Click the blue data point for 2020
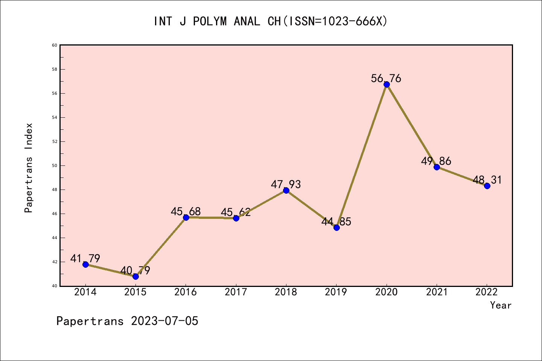click(387, 84)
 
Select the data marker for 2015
click(135, 276)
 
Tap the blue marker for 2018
click(286, 190)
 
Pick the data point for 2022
click(487, 186)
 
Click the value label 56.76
click(386, 79)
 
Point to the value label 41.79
click(85, 259)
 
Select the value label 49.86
click(436, 161)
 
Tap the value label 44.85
click(336, 222)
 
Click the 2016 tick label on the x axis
click(186, 292)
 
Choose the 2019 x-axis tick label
click(336, 292)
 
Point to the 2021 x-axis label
click(437, 292)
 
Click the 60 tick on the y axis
click(55, 45)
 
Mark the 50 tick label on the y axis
click(55, 165)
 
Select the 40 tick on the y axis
click(55, 286)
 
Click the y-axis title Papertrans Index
click(29, 168)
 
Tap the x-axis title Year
click(501, 305)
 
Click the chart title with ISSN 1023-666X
click(271, 21)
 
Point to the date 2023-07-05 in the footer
click(164, 321)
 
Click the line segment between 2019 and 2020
click(361, 156)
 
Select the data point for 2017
click(236, 218)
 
